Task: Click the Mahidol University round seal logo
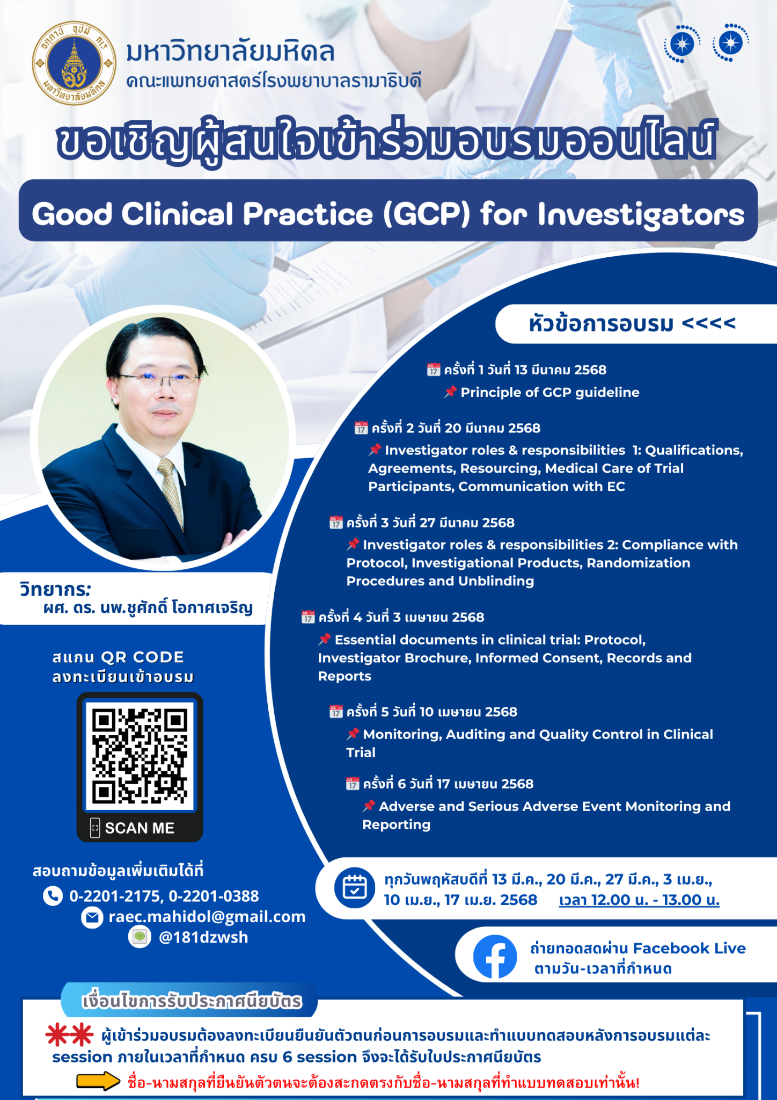click(x=74, y=63)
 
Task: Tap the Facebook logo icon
click(x=495, y=957)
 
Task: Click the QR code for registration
click(x=140, y=756)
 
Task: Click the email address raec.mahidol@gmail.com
click(x=207, y=916)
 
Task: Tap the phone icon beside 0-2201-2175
click(x=53, y=896)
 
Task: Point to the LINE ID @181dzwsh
click(x=203, y=937)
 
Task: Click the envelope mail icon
click(x=92, y=917)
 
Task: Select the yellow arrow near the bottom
click(x=98, y=1081)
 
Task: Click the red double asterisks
click(x=69, y=1035)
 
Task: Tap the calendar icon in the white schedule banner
click(x=355, y=888)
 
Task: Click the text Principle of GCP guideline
click(x=550, y=393)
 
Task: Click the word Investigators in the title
click(x=641, y=215)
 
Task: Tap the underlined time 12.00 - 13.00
click(x=639, y=900)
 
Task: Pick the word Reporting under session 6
click(x=397, y=825)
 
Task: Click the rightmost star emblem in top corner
click(x=730, y=42)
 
